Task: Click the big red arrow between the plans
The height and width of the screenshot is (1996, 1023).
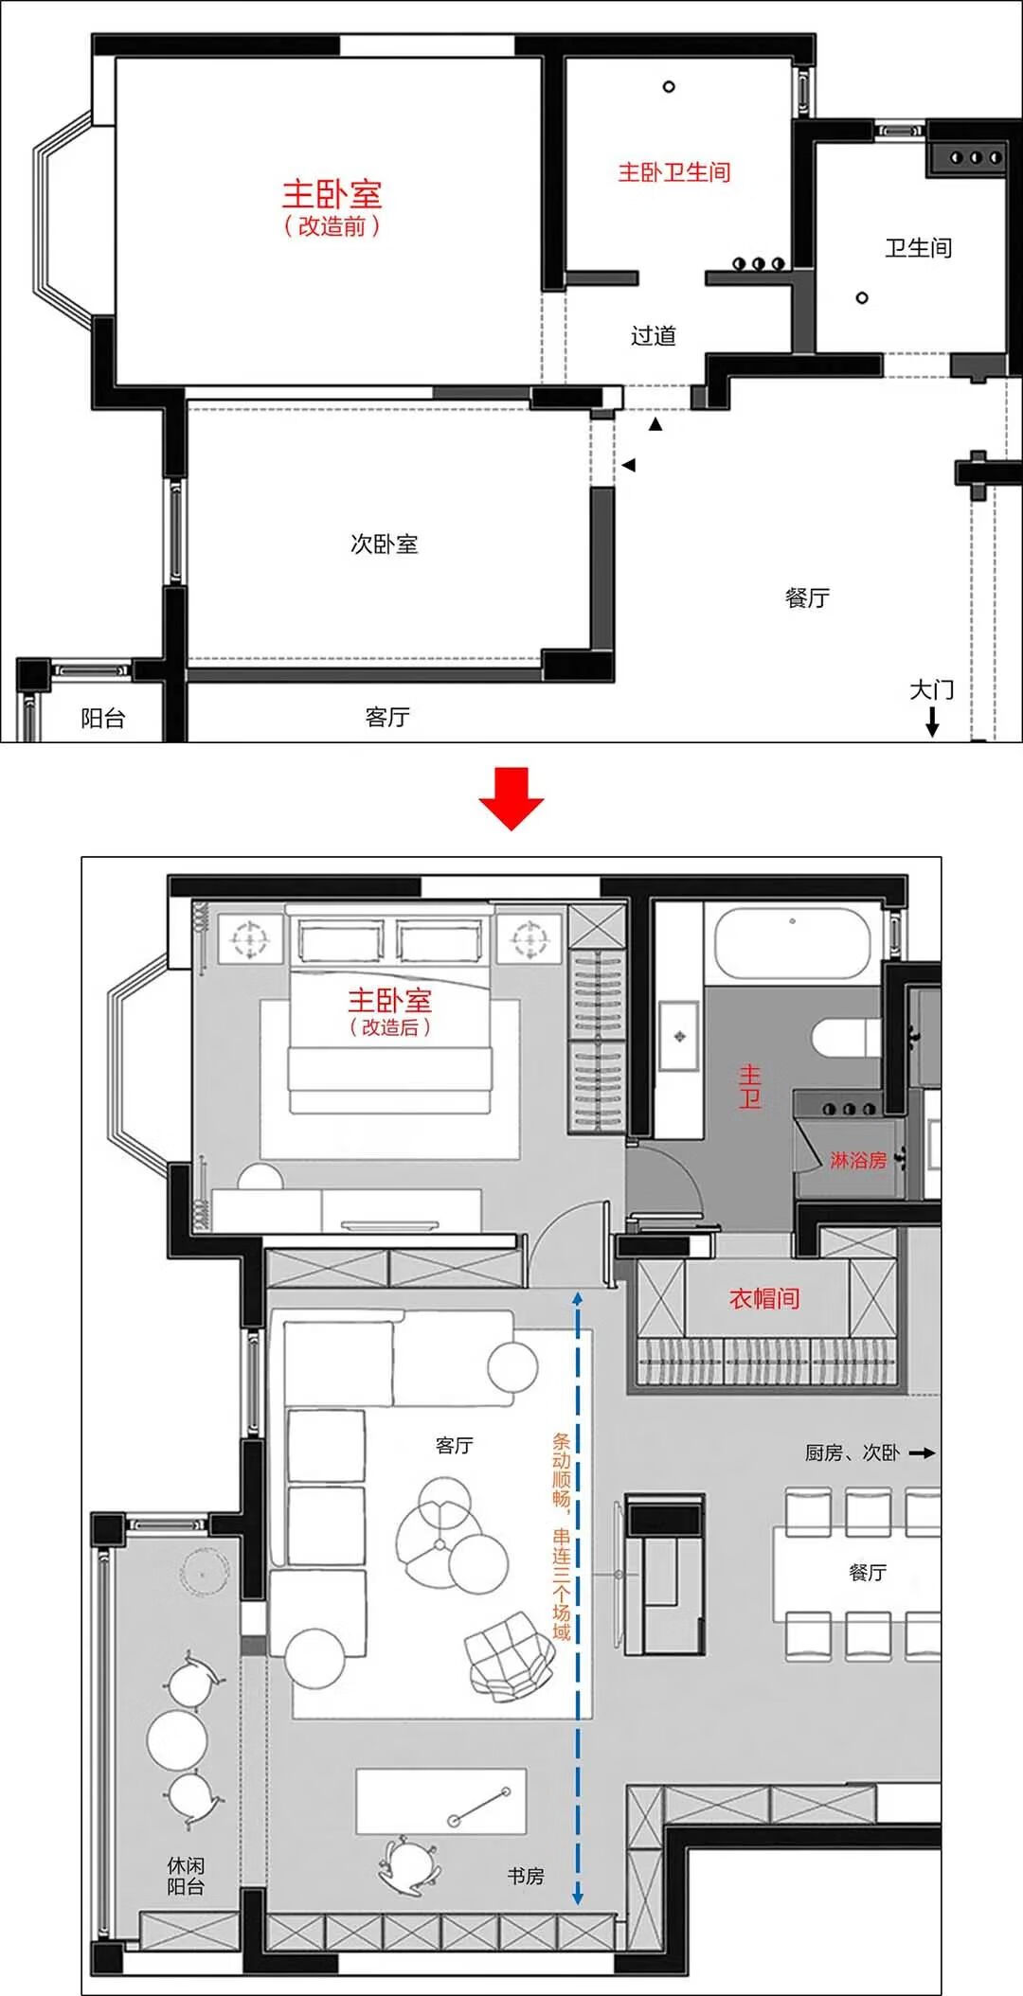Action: [x=511, y=799]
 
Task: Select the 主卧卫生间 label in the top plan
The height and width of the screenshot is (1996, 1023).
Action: [x=673, y=172]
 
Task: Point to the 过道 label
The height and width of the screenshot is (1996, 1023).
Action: [x=654, y=335]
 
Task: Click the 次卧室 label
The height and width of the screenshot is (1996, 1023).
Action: [x=384, y=544]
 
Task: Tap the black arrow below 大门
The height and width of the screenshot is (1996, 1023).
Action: [x=932, y=722]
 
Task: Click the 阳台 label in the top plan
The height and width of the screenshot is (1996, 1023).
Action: [x=103, y=718]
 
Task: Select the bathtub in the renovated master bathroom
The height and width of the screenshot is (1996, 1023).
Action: [x=792, y=943]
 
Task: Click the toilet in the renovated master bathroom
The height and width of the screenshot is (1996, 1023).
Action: [x=845, y=1038]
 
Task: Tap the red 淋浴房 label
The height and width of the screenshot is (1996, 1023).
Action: [x=857, y=1160]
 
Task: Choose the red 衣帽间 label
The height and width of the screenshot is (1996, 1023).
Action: [x=764, y=1298]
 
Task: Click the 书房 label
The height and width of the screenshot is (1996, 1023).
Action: [x=526, y=1876]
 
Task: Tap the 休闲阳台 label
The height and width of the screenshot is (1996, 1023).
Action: [x=186, y=1876]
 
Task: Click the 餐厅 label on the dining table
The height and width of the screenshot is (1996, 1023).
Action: [x=868, y=1572]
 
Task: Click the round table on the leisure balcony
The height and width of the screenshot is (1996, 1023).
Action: [x=177, y=1739]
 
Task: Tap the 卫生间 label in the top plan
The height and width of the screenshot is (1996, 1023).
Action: [x=918, y=248]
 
